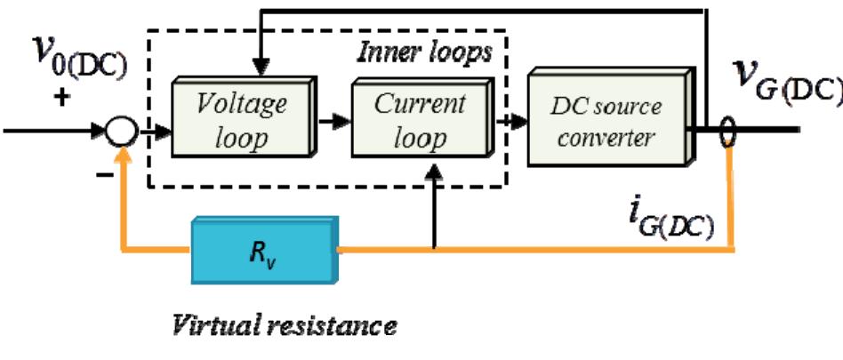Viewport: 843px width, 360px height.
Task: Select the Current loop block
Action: click(421, 120)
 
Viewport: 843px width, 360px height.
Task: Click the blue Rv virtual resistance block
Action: click(262, 251)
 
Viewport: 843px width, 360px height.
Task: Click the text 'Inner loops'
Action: click(424, 52)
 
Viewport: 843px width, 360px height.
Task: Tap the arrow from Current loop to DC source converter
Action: click(515, 122)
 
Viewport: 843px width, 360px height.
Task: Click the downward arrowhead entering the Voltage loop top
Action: click(260, 69)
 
